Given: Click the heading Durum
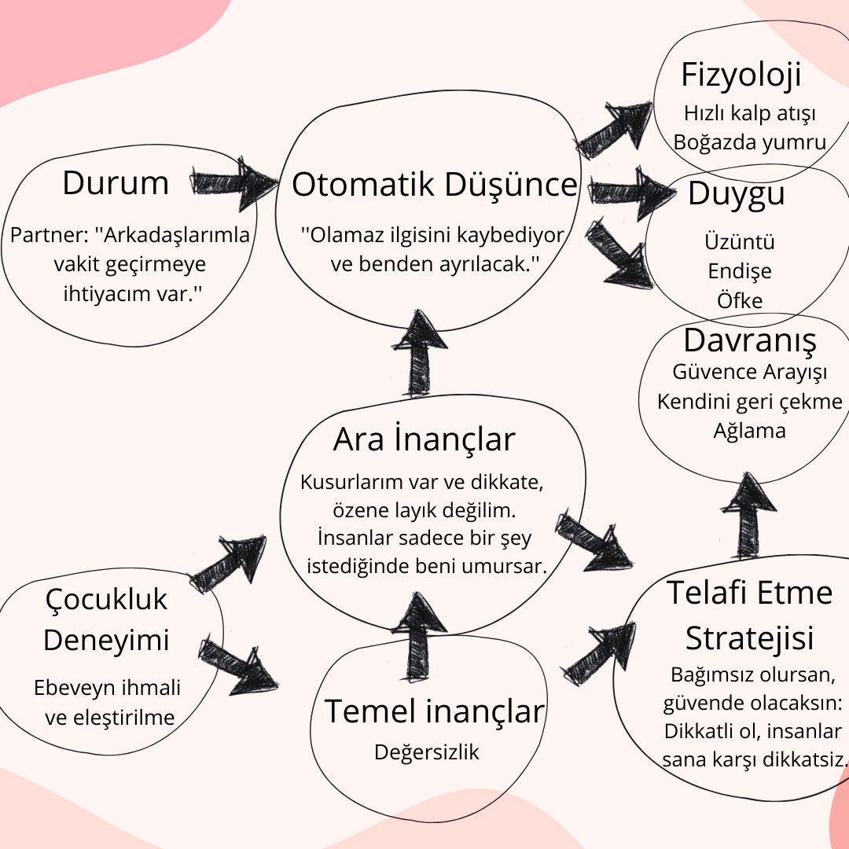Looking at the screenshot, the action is [116, 183].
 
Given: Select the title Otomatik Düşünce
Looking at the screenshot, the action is [434, 185].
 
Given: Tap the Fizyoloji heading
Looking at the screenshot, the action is [741, 75].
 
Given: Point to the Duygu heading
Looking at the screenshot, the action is [737, 194].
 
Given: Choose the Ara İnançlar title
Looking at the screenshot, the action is [424, 439].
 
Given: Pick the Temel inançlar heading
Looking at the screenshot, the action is [434, 711].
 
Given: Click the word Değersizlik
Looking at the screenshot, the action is [427, 752].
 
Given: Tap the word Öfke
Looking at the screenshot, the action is [740, 300].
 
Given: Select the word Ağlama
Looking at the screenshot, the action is [749, 431].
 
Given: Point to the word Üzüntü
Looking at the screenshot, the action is [740, 241].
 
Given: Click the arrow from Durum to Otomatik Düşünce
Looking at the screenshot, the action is [235, 183].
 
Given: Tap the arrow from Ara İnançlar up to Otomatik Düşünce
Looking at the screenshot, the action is [420, 353].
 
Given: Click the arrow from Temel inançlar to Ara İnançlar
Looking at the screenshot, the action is [419, 637].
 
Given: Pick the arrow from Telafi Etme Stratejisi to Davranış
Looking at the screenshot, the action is [748, 516].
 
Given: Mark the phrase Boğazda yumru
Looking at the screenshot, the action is [750, 142].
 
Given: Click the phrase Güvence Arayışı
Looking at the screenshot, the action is [750, 372].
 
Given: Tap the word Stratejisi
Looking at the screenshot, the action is [750, 638].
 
